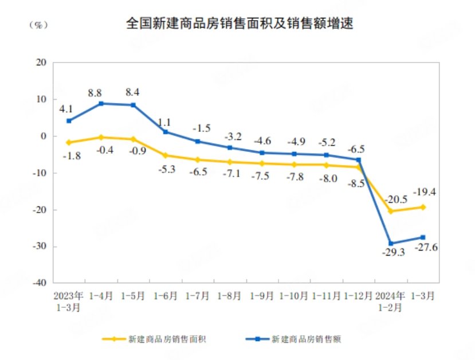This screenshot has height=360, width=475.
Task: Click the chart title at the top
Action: (240, 24)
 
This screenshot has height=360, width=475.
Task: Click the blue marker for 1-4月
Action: (101, 104)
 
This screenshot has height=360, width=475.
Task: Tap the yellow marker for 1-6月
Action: (166, 155)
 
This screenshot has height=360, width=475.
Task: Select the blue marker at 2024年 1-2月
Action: (391, 244)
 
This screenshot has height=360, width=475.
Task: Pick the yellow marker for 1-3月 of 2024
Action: (423, 207)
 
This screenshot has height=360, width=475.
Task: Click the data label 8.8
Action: (96, 92)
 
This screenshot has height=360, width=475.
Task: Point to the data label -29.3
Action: (394, 252)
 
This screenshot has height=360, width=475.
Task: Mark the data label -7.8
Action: (295, 177)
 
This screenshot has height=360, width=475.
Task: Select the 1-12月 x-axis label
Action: (359, 296)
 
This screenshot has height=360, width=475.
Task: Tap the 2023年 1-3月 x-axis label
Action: (69, 302)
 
